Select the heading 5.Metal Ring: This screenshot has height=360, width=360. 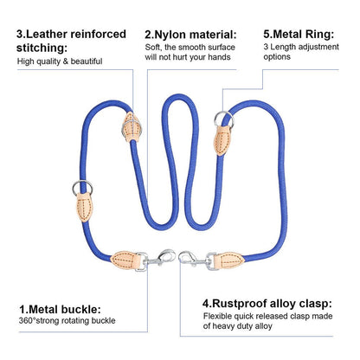pyautogui.click(x=299, y=35)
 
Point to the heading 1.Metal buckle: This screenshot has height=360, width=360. pyautogui.click(x=60, y=310)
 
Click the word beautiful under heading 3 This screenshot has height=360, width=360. pyautogui.click(x=87, y=61)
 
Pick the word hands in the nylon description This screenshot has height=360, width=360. pyautogui.click(x=219, y=57)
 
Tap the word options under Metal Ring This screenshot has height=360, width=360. pyautogui.click(x=277, y=57)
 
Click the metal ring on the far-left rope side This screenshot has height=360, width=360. pyautogui.click(x=82, y=187)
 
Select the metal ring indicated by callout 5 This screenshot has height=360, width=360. pyautogui.click(x=223, y=119)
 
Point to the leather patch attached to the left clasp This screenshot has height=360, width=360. pyautogui.click(x=125, y=260)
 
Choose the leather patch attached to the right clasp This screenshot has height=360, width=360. pyautogui.click(x=229, y=260)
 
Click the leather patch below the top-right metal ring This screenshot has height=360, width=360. pyautogui.click(x=222, y=140)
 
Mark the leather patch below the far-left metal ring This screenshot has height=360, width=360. pyautogui.click(x=84, y=207)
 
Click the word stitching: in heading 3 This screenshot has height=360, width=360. pyautogui.click(x=42, y=48)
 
